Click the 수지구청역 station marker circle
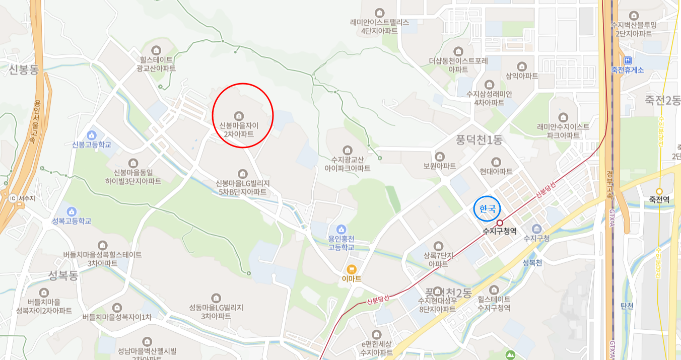(500, 223)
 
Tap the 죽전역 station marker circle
(659, 191)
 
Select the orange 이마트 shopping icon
(352, 269)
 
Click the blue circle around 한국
(487, 208)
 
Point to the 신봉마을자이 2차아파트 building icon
(239, 115)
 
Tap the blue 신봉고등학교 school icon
(91, 135)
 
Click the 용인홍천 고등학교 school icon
(341, 230)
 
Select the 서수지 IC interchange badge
(13, 197)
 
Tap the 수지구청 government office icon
(536, 229)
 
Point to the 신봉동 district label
(24, 69)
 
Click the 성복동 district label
(63, 275)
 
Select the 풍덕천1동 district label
(479, 140)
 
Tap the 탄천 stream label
(627, 306)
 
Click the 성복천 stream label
(532, 262)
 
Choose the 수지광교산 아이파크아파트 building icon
(347, 150)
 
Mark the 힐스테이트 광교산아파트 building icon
(157, 50)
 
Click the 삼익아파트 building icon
(522, 66)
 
